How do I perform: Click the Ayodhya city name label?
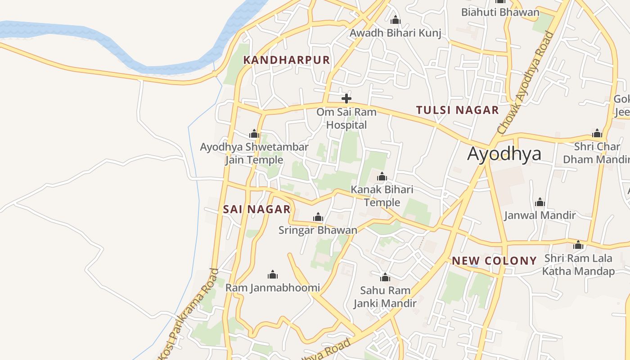(504, 154)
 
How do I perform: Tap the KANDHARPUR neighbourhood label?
(287, 60)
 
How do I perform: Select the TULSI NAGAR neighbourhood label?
(457, 110)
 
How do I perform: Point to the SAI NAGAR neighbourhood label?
(256, 209)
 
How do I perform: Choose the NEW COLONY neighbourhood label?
(494, 261)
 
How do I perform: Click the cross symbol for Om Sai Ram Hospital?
(346, 98)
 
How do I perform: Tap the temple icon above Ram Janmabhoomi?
(272, 274)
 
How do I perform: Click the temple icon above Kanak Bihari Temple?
(382, 176)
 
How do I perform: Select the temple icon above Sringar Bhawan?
(318, 217)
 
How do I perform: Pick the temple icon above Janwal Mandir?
(540, 202)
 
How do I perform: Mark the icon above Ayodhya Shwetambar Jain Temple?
(254, 134)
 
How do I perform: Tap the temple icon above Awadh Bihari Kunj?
(395, 20)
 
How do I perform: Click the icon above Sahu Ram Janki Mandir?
(385, 277)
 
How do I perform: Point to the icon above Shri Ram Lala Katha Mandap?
(578, 245)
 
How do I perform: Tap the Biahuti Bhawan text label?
(500, 12)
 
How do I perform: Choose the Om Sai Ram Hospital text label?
(346, 118)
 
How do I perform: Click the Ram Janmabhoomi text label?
(272, 288)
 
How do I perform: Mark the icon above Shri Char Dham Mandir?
(597, 133)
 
